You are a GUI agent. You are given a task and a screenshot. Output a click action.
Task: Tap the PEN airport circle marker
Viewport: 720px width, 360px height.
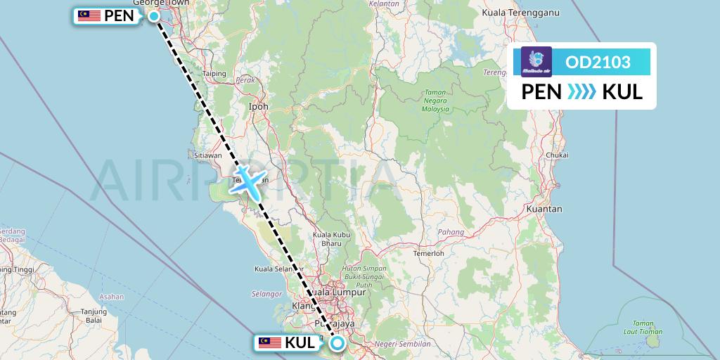pyautogui.click(x=153, y=15)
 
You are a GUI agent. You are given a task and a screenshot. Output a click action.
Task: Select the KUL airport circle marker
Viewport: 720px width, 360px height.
pyautogui.click(x=337, y=343)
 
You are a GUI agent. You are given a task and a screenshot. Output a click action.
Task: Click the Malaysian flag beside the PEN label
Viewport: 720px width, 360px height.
pyautogui.click(x=89, y=15)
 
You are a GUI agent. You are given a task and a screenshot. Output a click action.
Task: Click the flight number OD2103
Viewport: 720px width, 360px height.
pyautogui.click(x=598, y=63)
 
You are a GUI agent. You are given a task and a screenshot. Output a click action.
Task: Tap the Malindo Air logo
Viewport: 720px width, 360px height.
pyautogui.click(x=536, y=61)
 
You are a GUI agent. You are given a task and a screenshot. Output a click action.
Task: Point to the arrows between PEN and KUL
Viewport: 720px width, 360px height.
pyautogui.click(x=581, y=92)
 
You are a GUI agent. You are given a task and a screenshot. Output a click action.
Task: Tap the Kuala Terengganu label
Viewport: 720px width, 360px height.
pyautogui.click(x=530, y=12)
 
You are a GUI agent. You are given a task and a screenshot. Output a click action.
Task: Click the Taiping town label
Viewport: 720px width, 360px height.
pyautogui.click(x=214, y=73)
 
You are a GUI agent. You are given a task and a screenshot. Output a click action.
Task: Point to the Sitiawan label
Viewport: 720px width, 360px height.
pyautogui.click(x=207, y=155)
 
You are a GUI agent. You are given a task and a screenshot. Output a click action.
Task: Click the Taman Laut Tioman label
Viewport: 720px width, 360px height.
pyautogui.click(x=643, y=327)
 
